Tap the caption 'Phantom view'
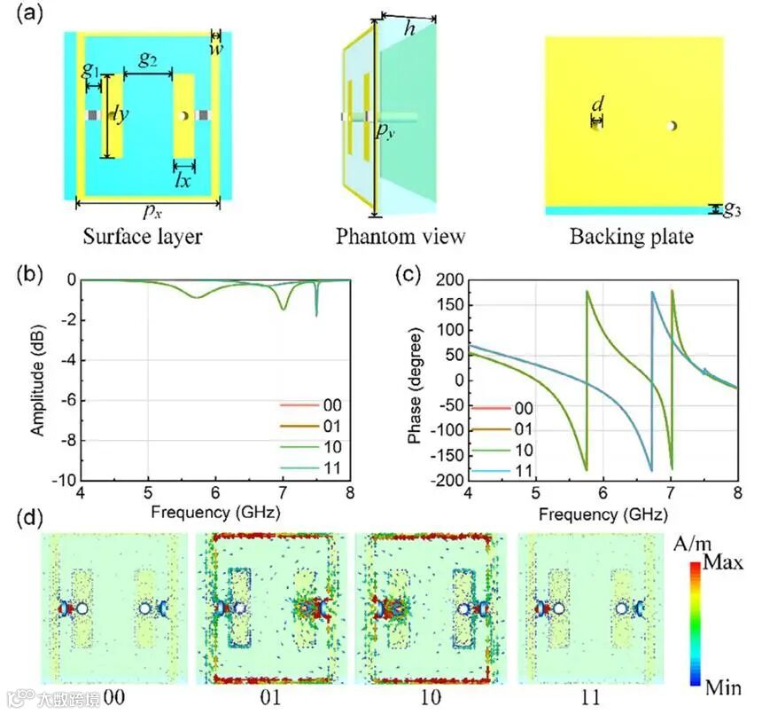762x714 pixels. click(x=400, y=237)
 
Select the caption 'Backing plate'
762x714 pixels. click(x=631, y=237)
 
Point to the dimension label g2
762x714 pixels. click(x=149, y=59)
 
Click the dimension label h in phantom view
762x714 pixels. click(x=410, y=28)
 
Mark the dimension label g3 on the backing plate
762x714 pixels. click(x=732, y=210)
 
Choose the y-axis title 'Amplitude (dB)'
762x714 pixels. click(x=40, y=380)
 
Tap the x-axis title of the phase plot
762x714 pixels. click(x=603, y=514)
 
